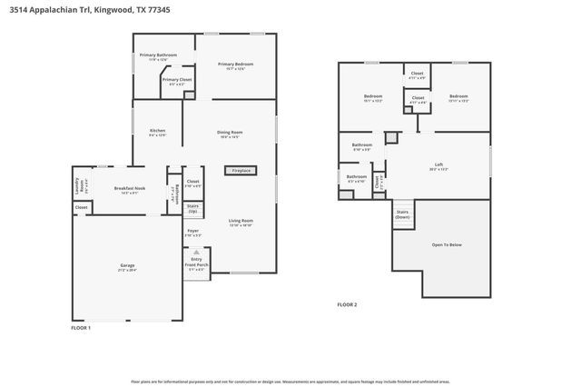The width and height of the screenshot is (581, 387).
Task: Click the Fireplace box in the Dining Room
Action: click(x=241, y=170)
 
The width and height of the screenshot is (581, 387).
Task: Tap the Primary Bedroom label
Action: click(x=235, y=64)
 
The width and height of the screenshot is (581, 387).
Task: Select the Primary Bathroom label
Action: click(x=158, y=56)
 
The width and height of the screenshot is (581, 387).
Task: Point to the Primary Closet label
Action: click(x=177, y=80)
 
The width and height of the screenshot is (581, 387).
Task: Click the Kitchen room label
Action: click(x=158, y=131)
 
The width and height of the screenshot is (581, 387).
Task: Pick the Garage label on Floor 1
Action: click(x=126, y=266)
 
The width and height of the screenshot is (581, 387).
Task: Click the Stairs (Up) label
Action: click(x=192, y=208)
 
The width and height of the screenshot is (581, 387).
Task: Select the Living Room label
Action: click(x=241, y=221)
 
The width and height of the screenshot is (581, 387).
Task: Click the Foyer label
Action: click(x=192, y=231)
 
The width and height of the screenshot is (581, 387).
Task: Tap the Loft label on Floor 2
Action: click(x=438, y=164)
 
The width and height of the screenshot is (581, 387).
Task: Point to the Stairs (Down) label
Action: click(x=402, y=214)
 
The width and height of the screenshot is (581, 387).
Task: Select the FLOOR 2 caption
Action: click(x=347, y=304)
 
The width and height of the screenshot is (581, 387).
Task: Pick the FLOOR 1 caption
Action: click(x=82, y=327)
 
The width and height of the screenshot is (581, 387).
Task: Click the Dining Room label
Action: click(x=229, y=133)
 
